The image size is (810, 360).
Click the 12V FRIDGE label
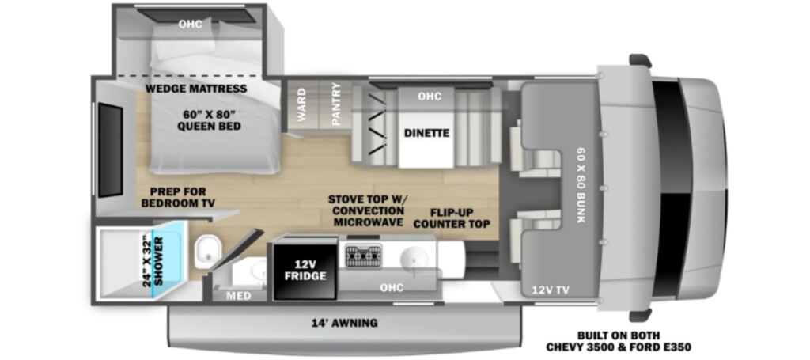click(305, 270)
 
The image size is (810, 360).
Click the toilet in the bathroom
click(208, 250)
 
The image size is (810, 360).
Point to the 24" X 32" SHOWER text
click(153, 261)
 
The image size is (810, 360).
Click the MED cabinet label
click(239, 296)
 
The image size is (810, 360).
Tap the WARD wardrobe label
click(301, 106)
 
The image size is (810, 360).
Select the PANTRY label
click(335, 104)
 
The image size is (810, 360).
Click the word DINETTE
click(426, 133)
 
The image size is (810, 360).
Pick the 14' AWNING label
click(344, 324)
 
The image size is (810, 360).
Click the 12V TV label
click(551, 290)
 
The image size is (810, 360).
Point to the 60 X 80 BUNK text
click(581, 184)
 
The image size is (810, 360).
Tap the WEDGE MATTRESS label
click(196, 89)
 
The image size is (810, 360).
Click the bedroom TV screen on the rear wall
click(111, 150)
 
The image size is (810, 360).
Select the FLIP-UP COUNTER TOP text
click(452, 218)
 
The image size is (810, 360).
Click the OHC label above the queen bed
click(190, 24)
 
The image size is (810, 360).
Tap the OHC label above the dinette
click(430, 97)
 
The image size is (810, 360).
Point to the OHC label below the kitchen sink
click(392, 288)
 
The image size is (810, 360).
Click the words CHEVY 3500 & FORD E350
click(619, 347)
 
